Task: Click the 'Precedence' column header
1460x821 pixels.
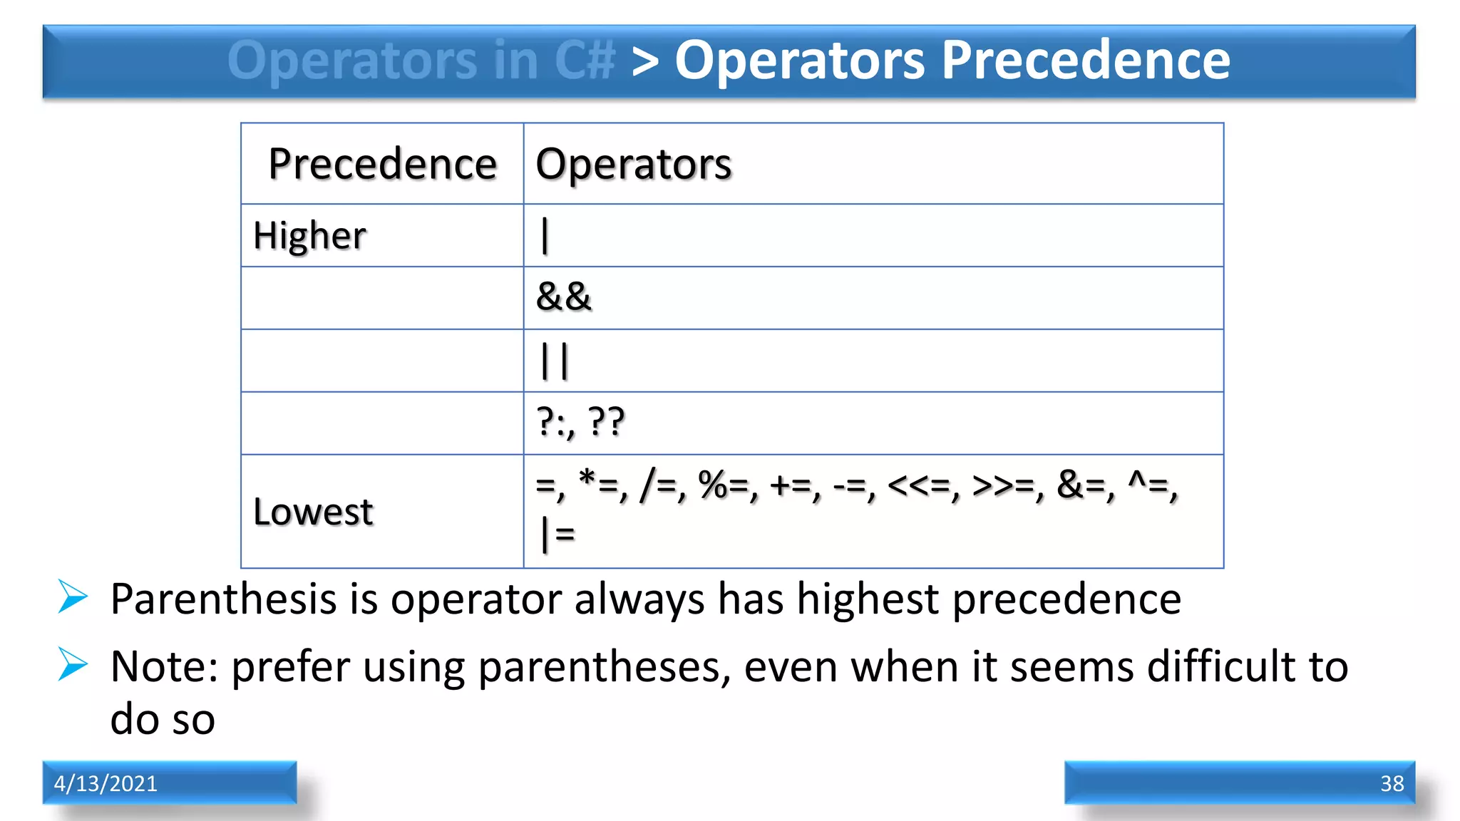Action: [382, 164]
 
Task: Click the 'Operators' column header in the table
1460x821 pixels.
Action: [633, 164]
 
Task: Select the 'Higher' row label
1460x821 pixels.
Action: [309, 236]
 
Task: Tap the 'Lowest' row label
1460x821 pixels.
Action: [313, 512]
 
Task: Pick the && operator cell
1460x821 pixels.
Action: [563, 297]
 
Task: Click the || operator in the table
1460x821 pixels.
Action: [555, 361]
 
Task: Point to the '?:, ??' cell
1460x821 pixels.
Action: [580, 422]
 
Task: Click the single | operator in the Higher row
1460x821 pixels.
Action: [545, 236]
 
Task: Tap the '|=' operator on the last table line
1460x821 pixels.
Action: [557, 533]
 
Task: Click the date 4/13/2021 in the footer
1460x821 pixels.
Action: [106, 783]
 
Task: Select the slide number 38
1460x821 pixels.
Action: [1392, 783]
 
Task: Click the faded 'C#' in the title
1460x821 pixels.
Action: [584, 60]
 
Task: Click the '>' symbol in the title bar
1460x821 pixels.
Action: [645, 61]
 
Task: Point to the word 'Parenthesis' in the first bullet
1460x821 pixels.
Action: [223, 599]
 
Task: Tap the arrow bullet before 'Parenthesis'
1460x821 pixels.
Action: [73, 597]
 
